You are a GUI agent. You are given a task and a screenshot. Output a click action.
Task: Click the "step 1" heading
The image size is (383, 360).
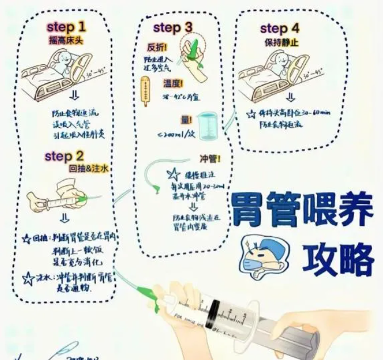click(x=67, y=26)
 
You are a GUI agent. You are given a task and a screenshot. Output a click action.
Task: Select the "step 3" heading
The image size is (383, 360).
click(x=173, y=27)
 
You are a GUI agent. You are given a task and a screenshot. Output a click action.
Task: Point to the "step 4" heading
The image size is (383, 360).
click(x=281, y=28)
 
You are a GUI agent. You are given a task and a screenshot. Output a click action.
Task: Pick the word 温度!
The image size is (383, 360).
click(x=173, y=83)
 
